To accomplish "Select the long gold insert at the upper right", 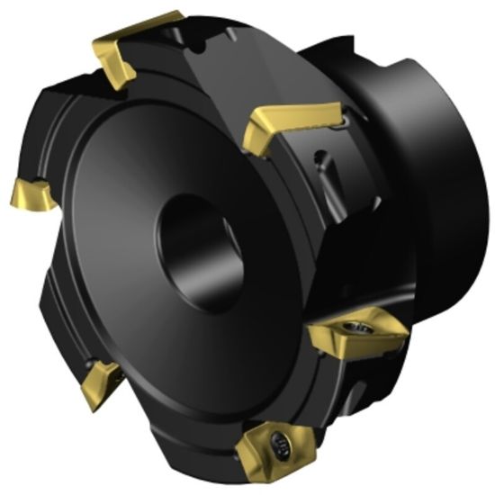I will pos(292,116).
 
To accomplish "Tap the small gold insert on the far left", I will pos(31,193).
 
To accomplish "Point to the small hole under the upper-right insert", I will pos(319,162).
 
